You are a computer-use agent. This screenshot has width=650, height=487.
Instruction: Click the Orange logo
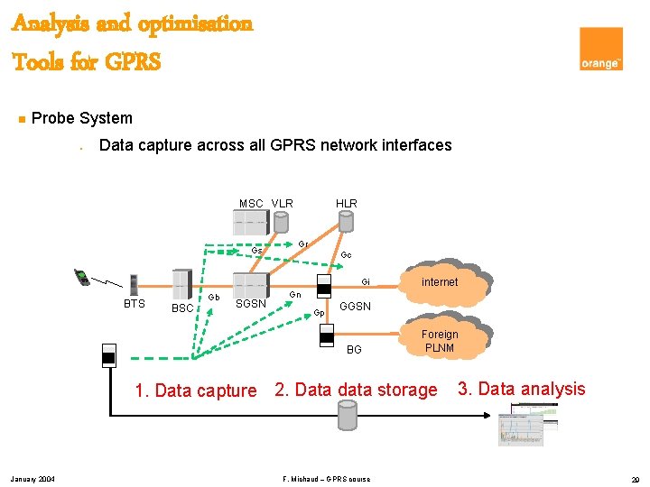click(x=601, y=49)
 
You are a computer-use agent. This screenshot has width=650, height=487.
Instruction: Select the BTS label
click(x=134, y=304)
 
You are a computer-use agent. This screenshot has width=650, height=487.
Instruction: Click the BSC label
click(x=182, y=308)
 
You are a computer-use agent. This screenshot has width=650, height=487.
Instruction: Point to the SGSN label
click(x=250, y=304)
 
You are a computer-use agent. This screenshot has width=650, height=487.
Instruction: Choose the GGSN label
click(x=355, y=307)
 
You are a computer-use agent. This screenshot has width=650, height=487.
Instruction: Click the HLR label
click(x=347, y=203)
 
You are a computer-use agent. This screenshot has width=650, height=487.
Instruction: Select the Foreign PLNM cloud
click(x=440, y=341)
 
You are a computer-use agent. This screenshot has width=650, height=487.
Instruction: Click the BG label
click(x=354, y=349)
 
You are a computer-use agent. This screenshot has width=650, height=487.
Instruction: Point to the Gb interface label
click(x=214, y=297)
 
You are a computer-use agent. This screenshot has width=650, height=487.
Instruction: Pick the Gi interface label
click(x=366, y=281)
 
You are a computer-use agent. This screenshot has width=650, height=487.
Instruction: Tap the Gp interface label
click(x=319, y=313)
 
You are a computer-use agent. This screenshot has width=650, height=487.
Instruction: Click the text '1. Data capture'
click(x=195, y=391)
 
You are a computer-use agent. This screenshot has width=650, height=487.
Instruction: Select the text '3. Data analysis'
click(x=521, y=389)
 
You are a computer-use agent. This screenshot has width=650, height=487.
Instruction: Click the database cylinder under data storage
click(x=347, y=416)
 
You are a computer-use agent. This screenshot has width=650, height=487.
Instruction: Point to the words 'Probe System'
click(x=81, y=118)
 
